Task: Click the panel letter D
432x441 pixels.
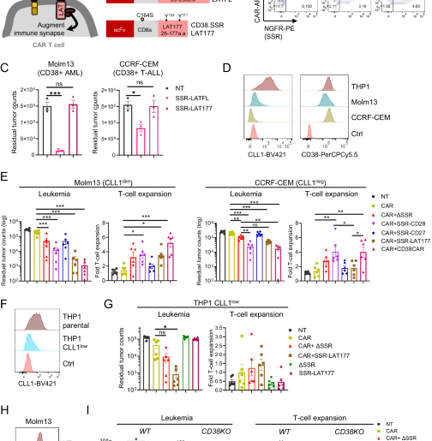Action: [225, 69]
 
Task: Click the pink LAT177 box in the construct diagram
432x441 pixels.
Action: [198, 32]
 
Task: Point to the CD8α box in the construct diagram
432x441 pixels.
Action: [161, 32]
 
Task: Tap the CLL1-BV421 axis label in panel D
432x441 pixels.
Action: [267, 157]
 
